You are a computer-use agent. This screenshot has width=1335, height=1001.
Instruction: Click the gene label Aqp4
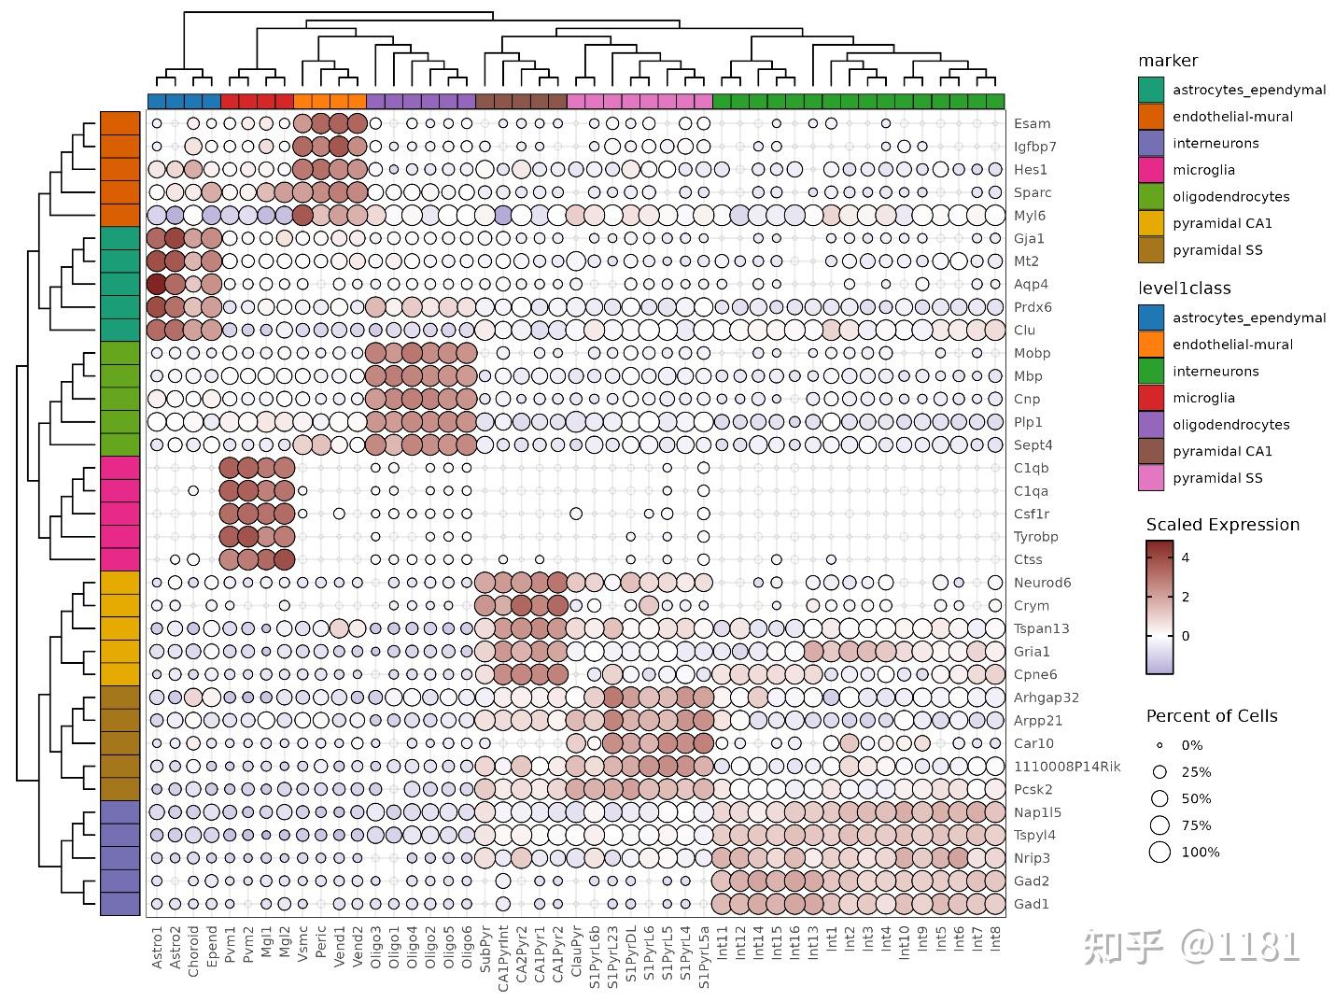[1031, 284]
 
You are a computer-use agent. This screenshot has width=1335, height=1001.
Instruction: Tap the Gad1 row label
[1031, 904]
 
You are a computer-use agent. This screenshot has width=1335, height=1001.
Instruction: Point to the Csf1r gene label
[1032, 514]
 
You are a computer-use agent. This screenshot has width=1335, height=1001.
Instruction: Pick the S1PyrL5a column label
[704, 956]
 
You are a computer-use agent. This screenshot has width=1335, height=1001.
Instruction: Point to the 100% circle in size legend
[1159, 852]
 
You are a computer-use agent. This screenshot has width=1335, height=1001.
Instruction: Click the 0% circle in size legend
[1159, 745]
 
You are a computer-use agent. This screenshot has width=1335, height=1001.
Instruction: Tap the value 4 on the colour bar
[1186, 557]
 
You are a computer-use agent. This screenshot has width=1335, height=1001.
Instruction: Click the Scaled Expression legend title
[1222, 525]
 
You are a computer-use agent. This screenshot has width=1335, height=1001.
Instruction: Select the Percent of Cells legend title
[1211, 716]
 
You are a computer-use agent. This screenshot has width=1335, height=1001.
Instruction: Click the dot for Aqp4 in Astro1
[157, 284]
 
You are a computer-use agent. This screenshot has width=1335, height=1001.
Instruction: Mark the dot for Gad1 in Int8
[996, 904]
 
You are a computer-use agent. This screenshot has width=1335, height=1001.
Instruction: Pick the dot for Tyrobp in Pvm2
[247, 536]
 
